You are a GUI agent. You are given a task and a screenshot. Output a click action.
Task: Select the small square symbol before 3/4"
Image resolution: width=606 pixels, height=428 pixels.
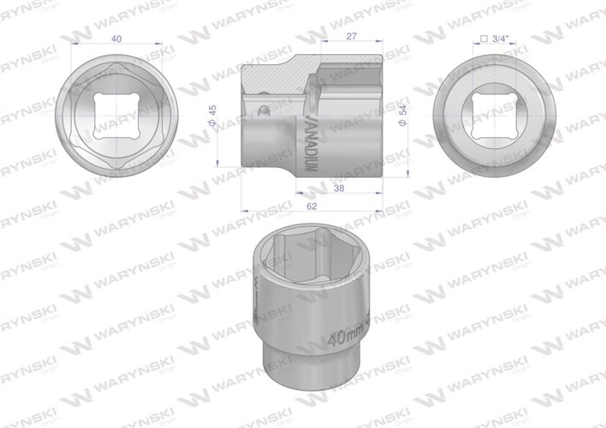point(484,39)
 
